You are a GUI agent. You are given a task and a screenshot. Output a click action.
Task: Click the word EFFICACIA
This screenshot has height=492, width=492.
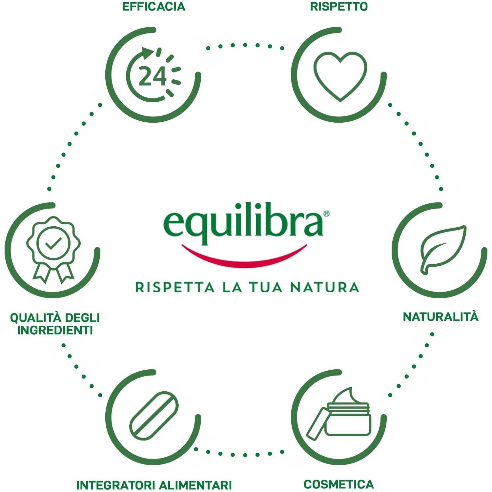[x=154, y=7]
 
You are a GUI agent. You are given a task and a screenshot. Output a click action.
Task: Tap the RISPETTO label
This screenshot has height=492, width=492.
[x=339, y=7]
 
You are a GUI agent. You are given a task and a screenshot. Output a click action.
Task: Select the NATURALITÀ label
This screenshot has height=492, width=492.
[x=441, y=317]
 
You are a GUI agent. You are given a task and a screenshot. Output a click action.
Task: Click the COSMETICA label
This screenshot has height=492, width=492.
[x=339, y=484]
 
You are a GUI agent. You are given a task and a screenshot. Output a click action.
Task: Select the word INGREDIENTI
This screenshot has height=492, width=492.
[x=55, y=330]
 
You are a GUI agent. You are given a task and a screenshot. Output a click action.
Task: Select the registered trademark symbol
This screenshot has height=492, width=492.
[x=326, y=214]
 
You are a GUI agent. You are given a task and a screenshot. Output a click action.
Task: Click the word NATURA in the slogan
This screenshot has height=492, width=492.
[x=325, y=287]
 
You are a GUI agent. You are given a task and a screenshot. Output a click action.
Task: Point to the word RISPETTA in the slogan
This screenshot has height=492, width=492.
[x=175, y=287]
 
